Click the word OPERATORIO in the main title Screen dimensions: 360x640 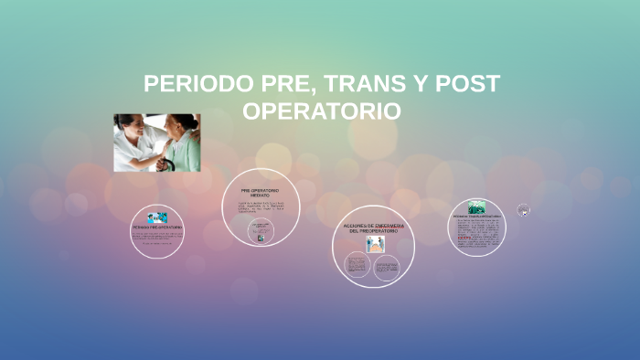click(321, 111)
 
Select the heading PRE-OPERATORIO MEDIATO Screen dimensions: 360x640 click(260, 192)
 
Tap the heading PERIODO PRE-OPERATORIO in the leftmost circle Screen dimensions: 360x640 click(157, 227)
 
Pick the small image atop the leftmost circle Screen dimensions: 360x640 click(157, 217)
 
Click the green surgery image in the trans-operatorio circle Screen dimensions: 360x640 click(477, 207)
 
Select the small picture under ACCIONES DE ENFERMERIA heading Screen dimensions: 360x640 click(374, 244)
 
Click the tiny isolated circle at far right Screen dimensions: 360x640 click(523, 210)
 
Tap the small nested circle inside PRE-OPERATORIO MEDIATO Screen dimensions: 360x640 click(261, 230)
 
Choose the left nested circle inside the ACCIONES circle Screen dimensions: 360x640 click(357, 266)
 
